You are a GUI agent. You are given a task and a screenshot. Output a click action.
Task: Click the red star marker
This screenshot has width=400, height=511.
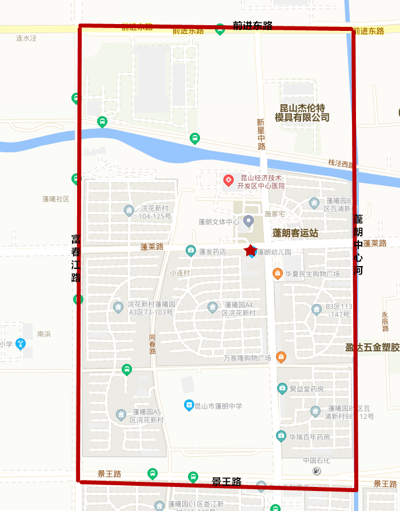[250, 251]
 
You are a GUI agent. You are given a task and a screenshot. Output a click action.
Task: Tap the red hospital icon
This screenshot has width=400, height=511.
[228, 181]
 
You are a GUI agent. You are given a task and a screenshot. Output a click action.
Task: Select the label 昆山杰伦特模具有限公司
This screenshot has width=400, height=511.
[302, 113]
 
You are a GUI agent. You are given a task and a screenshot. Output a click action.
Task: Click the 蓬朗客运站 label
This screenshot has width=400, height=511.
[295, 233]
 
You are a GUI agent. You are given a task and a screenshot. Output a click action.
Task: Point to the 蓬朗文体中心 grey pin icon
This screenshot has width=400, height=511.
[248, 221]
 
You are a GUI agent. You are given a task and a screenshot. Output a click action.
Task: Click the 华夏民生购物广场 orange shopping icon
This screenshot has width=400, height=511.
[278, 274]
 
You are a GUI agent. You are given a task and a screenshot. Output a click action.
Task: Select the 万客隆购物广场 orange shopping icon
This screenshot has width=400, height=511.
[281, 358]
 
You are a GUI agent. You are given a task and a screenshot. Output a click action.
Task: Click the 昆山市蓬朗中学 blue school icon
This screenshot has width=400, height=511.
[189, 405]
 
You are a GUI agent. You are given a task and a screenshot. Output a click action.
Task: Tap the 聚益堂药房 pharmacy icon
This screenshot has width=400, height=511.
[282, 389]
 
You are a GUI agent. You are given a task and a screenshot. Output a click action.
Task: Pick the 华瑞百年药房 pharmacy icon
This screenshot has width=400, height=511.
[281, 437]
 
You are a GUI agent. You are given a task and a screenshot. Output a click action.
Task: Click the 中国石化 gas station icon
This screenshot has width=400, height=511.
[317, 470]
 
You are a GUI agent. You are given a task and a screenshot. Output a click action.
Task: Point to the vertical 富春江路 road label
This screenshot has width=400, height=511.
[75, 258]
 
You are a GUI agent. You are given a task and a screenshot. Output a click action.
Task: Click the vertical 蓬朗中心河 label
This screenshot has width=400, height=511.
[358, 244]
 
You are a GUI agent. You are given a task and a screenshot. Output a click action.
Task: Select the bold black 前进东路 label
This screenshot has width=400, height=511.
[253, 26]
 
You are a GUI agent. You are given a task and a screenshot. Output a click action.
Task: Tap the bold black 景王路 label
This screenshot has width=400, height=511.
[226, 482]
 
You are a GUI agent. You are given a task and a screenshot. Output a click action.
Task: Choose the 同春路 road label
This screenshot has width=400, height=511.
[152, 344]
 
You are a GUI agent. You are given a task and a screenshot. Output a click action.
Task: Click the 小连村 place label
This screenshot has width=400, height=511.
[179, 273]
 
